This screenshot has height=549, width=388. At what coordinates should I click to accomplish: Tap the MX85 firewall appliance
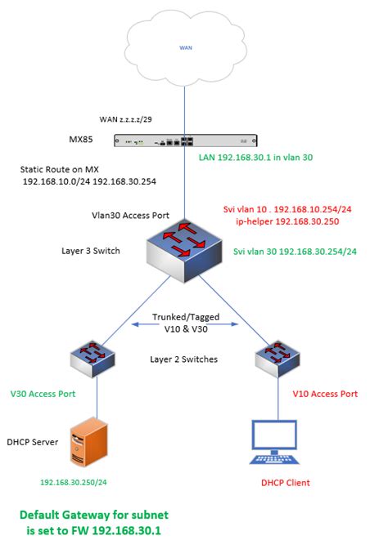pyautogui.click(x=184, y=141)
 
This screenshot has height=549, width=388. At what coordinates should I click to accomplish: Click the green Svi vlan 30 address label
pyautogui.click(x=297, y=253)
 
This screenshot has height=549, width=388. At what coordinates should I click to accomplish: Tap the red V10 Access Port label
pyautogui.click(x=325, y=394)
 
